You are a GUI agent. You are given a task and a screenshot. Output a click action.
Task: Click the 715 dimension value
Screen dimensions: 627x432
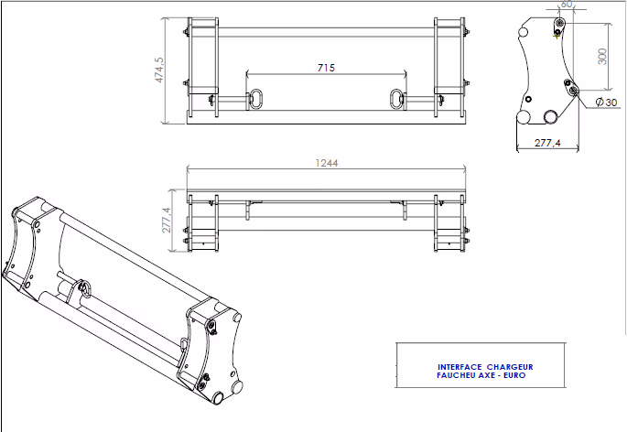click(x=326, y=68)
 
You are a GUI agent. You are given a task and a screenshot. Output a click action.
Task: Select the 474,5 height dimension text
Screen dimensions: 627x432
click(x=159, y=70)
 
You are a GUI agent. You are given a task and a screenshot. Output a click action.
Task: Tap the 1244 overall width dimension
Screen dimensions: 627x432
click(x=327, y=163)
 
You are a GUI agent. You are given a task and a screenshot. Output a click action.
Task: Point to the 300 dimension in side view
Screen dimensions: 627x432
click(x=602, y=56)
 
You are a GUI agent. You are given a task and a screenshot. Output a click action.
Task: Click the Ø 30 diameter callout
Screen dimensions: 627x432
click(x=606, y=103)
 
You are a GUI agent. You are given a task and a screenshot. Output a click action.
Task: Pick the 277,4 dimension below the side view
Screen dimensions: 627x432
click(x=548, y=143)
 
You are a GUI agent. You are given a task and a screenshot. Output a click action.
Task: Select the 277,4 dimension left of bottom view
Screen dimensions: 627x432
click(x=167, y=221)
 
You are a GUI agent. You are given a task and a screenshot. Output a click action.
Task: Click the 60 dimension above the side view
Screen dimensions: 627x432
click(x=567, y=4)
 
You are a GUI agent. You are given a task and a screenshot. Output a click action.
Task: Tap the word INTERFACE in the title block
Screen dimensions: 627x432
click(x=459, y=367)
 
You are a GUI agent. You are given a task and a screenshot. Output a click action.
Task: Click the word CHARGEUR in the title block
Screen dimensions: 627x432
click(x=510, y=367)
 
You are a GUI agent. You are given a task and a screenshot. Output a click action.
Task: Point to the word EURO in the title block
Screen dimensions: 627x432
click(x=514, y=375)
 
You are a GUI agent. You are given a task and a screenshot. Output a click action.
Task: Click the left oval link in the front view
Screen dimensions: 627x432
click(x=255, y=99)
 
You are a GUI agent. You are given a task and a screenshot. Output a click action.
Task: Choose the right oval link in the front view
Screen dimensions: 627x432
click(x=396, y=99)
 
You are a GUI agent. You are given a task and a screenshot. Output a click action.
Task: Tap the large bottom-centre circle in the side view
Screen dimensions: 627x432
click(x=551, y=117)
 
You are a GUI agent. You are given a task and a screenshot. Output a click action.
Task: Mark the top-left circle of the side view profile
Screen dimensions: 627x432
click(x=523, y=32)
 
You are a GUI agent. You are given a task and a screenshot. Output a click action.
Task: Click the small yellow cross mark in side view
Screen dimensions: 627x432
click(x=557, y=37)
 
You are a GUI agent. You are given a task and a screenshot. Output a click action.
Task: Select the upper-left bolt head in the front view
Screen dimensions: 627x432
click(x=186, y=32)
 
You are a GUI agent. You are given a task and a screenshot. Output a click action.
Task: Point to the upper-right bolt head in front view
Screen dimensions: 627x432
click(x=467, y=32)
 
